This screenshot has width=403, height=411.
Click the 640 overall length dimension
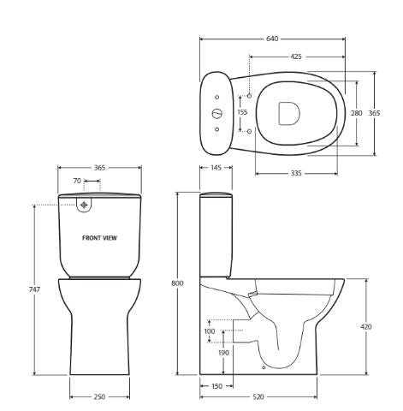(272, 39)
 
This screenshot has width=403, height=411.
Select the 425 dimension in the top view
(295, 57)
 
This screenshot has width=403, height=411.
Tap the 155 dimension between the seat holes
(242, 112)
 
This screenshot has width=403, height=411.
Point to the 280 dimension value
(357, 112)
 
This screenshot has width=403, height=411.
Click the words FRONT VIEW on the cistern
(99, 238)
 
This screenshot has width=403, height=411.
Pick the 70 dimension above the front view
(77, 182)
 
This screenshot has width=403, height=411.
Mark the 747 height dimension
(34, 290)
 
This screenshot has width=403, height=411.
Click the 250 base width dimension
(99, 396)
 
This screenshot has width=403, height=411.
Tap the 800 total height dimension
(178, 283)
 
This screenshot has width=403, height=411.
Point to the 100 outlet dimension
(210, 331)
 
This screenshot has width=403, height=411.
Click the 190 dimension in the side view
(223, 352)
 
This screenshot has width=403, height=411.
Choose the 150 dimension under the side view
(216, 386)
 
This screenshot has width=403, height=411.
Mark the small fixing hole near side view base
(264, 368)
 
